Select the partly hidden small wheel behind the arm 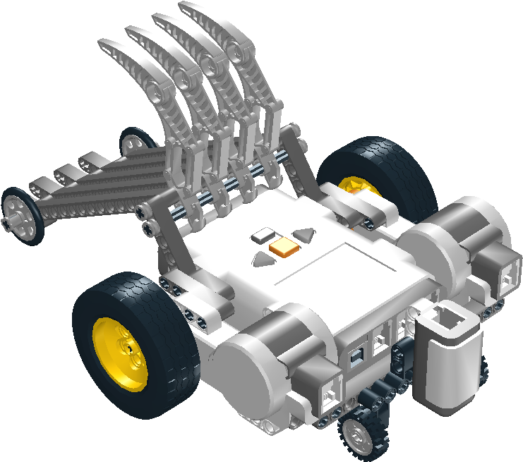pyautogui.click(x=131, y=141)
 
